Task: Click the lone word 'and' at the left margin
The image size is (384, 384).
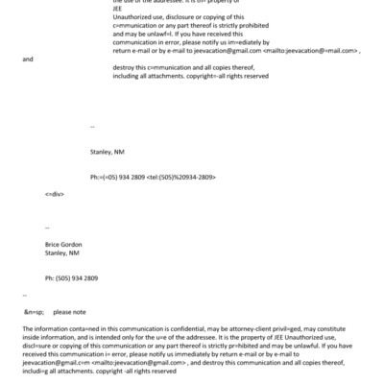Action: (27, 59)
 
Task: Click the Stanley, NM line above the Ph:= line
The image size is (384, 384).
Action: (108, 152)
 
